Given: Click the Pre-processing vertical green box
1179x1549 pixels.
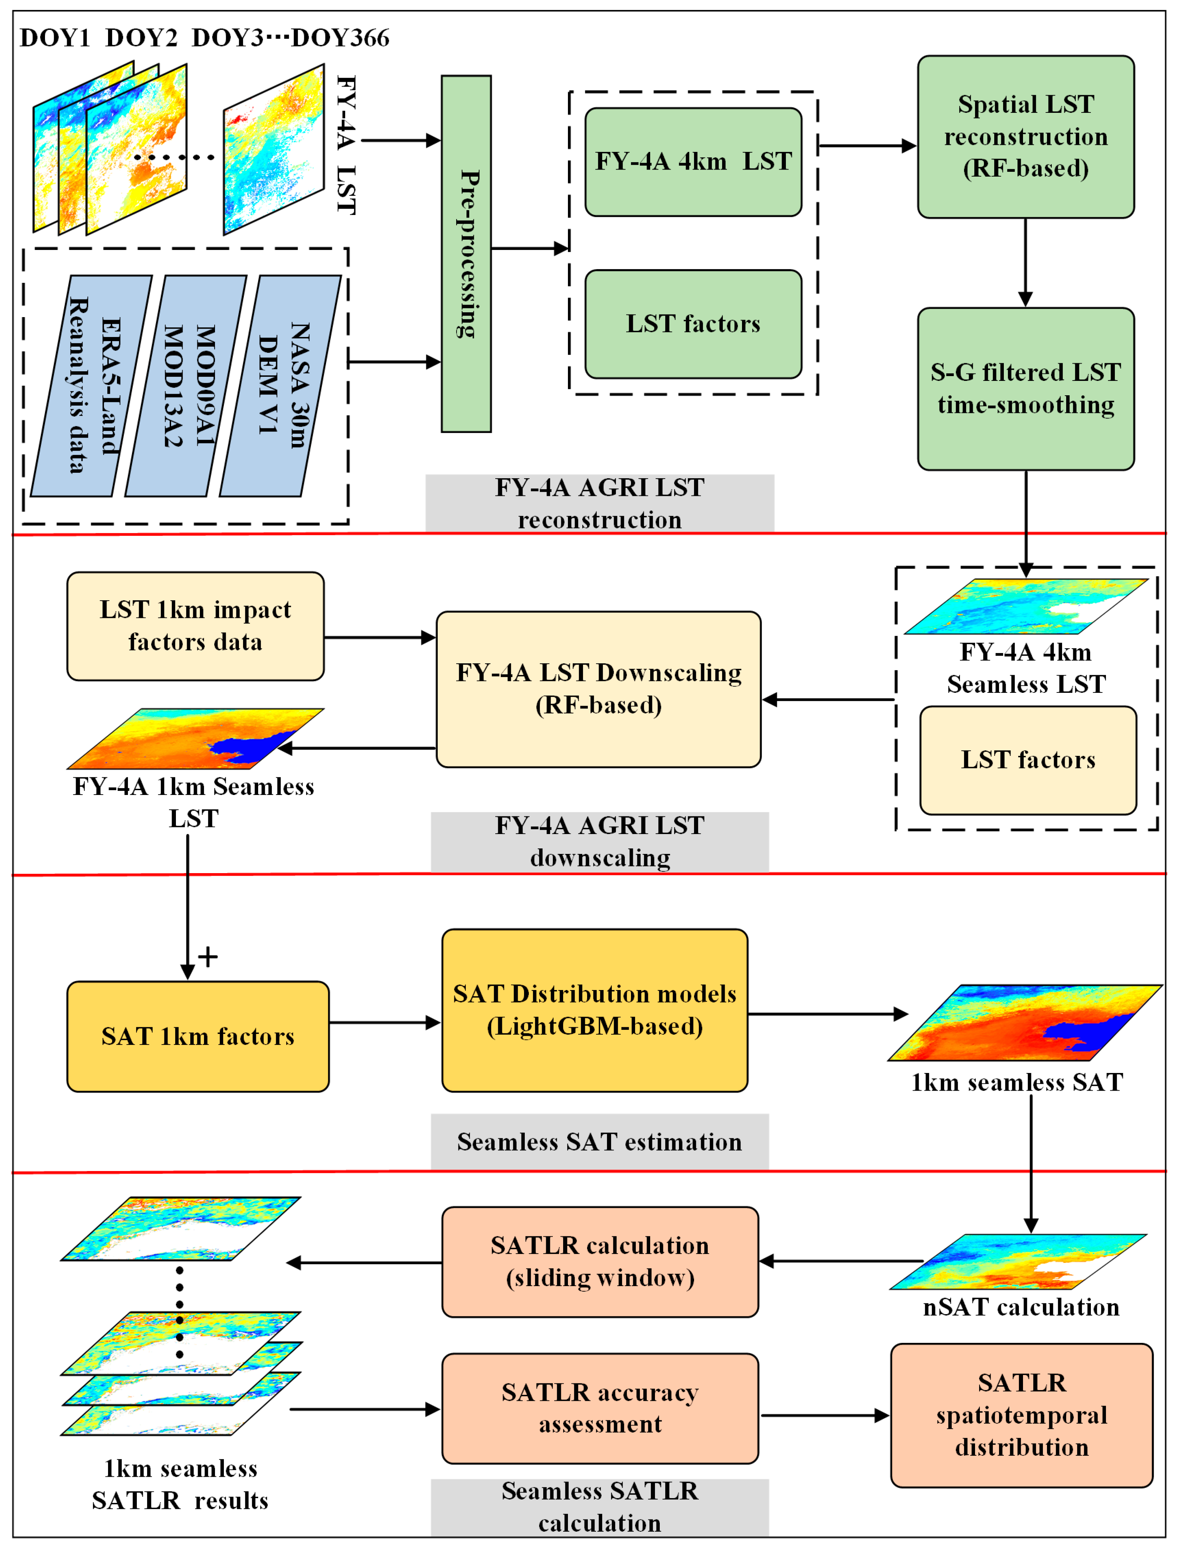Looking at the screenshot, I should tap(466, 254).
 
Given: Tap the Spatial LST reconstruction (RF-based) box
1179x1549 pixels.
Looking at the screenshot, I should tap(1025, 137).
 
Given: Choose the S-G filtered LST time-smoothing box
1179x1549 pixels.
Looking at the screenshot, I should tap(1025, 389).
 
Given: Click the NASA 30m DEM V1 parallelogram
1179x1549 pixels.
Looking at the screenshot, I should tap(281, 386).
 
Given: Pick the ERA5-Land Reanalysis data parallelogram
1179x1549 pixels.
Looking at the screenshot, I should tap(91, 386).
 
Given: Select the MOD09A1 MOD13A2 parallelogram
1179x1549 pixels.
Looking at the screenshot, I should tap(186, 386).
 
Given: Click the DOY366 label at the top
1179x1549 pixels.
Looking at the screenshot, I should tap(340, 38).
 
